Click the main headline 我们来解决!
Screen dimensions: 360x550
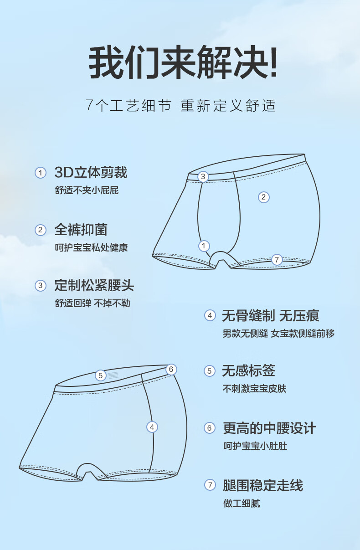[x=183, y=62]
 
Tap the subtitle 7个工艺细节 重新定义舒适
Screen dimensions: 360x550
[x=180, y=105]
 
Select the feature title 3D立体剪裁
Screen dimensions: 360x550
[x=91, y=172]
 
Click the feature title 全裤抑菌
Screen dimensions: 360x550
[x=81, y=230]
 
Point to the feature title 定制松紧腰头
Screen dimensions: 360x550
[x=94, y=285]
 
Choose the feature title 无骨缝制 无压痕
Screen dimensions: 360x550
[x=271, y=315]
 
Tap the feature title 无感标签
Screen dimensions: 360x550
[x=248, y=370]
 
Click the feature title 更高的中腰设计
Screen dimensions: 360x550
[x=269, y=428]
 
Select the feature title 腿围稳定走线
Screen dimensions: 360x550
[x=263, y=485]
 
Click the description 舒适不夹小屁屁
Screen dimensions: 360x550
[x=87, y=190]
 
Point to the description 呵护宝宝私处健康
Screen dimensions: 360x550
[x=91, y=247]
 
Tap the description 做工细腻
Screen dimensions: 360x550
[x=242, y=504]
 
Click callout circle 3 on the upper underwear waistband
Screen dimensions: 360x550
[x=203, y=176]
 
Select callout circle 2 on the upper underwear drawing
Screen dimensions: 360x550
[x=264, y=197]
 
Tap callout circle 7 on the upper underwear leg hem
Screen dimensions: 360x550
[x=277, y=260]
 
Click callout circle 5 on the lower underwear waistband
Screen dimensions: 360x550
[x=100, y=375]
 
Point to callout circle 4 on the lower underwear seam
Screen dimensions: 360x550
[x=152, y=427]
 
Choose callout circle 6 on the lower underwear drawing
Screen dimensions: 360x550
[x=171, y=369]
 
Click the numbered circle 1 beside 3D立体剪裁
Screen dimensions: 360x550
[x=41, y=173]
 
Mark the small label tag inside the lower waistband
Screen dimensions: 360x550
[x=113, y=375]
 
